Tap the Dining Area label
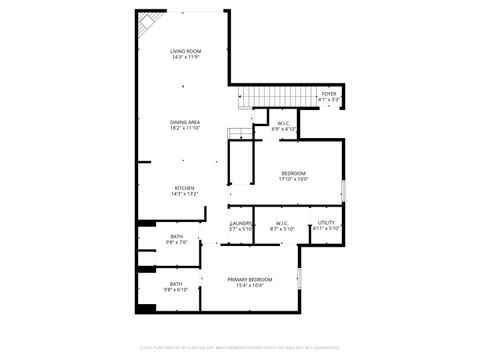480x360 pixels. [185, 122]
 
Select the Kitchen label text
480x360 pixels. [185, 188]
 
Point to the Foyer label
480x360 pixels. [329, 93]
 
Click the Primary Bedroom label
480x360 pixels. [249, 279]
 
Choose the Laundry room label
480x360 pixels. [241, 223]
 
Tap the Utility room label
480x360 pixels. [327, 223]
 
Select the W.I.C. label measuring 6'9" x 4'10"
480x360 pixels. [285, 123]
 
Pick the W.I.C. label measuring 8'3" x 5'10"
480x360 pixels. [281, 223]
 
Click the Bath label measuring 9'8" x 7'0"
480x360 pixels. [176, 236]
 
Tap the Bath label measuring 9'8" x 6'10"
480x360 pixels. [176, 284]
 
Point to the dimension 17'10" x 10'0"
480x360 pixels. [294, 179]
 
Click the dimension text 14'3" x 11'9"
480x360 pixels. [185, 57]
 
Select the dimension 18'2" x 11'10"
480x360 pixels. [185, 128]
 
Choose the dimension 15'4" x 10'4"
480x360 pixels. [249, 286]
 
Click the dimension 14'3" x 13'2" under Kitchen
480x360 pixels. [185, 194]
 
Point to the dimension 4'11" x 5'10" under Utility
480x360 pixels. [327, 229]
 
